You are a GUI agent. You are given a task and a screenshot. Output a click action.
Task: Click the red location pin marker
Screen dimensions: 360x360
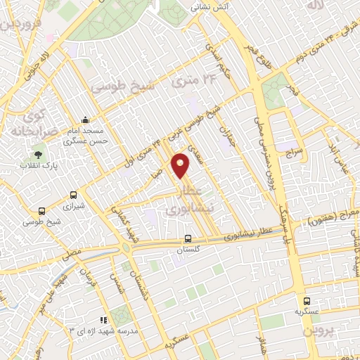click(181, 165)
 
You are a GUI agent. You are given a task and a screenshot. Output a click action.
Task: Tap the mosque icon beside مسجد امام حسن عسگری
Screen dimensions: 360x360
click(85, 120)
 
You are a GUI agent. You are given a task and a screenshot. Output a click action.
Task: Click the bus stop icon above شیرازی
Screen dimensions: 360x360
click(73, 195)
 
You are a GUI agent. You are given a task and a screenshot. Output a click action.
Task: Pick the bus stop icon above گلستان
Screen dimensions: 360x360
click(187, 238)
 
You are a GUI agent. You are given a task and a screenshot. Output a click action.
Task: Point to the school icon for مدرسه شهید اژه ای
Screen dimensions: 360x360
click(104, 320)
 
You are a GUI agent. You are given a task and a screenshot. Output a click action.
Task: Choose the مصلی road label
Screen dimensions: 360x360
click(71, 252)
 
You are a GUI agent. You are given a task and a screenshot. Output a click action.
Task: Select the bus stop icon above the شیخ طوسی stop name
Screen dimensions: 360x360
click(42, 210)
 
